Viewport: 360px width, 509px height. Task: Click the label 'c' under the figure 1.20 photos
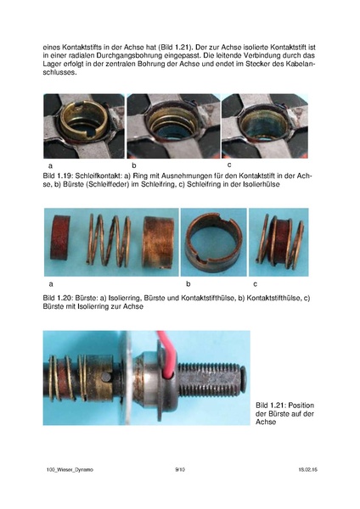pos(255,281)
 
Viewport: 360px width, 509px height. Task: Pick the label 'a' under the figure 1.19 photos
pos(51,164)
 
